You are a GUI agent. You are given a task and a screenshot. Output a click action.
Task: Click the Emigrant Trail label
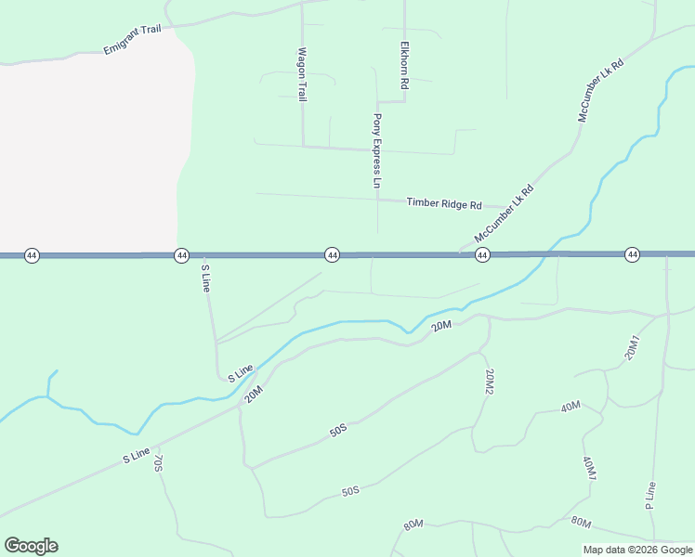132,40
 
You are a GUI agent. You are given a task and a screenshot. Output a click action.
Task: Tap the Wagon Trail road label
301,75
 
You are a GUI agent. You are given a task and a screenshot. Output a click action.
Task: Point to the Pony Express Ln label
377,151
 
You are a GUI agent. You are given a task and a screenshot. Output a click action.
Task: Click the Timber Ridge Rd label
444,203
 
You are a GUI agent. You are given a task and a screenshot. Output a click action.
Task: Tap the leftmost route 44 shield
32,255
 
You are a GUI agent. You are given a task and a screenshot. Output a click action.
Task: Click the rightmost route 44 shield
632,254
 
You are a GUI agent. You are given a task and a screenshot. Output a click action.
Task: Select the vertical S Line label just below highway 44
206,278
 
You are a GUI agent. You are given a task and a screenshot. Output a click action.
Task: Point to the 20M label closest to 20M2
441,325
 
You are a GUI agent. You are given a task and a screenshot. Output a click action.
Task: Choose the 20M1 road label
634,346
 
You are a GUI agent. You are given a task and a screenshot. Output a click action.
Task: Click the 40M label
570,407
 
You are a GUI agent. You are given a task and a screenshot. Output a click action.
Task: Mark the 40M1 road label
589,469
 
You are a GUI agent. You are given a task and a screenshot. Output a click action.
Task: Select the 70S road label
159,461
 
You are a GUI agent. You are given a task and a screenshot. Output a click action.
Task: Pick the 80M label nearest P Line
582,521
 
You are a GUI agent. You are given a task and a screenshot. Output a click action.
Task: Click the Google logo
31,546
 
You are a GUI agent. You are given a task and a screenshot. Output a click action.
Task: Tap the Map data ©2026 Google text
637,550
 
